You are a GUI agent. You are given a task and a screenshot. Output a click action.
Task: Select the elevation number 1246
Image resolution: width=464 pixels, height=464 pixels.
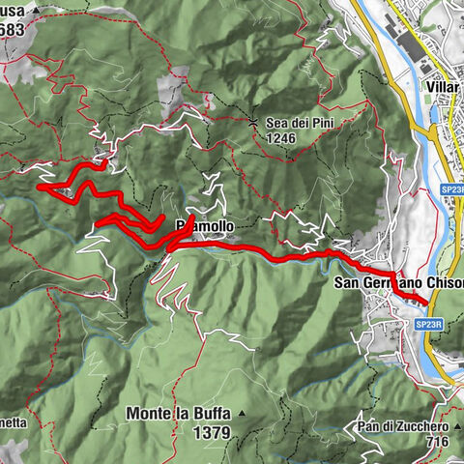click(x=282, y=138)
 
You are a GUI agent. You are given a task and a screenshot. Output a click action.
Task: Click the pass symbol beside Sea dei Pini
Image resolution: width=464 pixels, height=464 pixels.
click(x=254, y=123)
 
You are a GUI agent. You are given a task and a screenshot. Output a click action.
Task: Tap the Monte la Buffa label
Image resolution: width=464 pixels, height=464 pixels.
click(x=179, y=414)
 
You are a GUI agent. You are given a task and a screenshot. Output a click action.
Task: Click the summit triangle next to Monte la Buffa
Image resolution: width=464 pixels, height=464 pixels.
click(x=243, y=414)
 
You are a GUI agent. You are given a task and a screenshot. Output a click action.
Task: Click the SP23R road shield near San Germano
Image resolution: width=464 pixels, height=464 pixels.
click(x=433, y=326)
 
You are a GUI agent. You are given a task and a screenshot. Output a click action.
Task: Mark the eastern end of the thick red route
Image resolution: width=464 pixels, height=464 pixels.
click(x=426, y=304)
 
